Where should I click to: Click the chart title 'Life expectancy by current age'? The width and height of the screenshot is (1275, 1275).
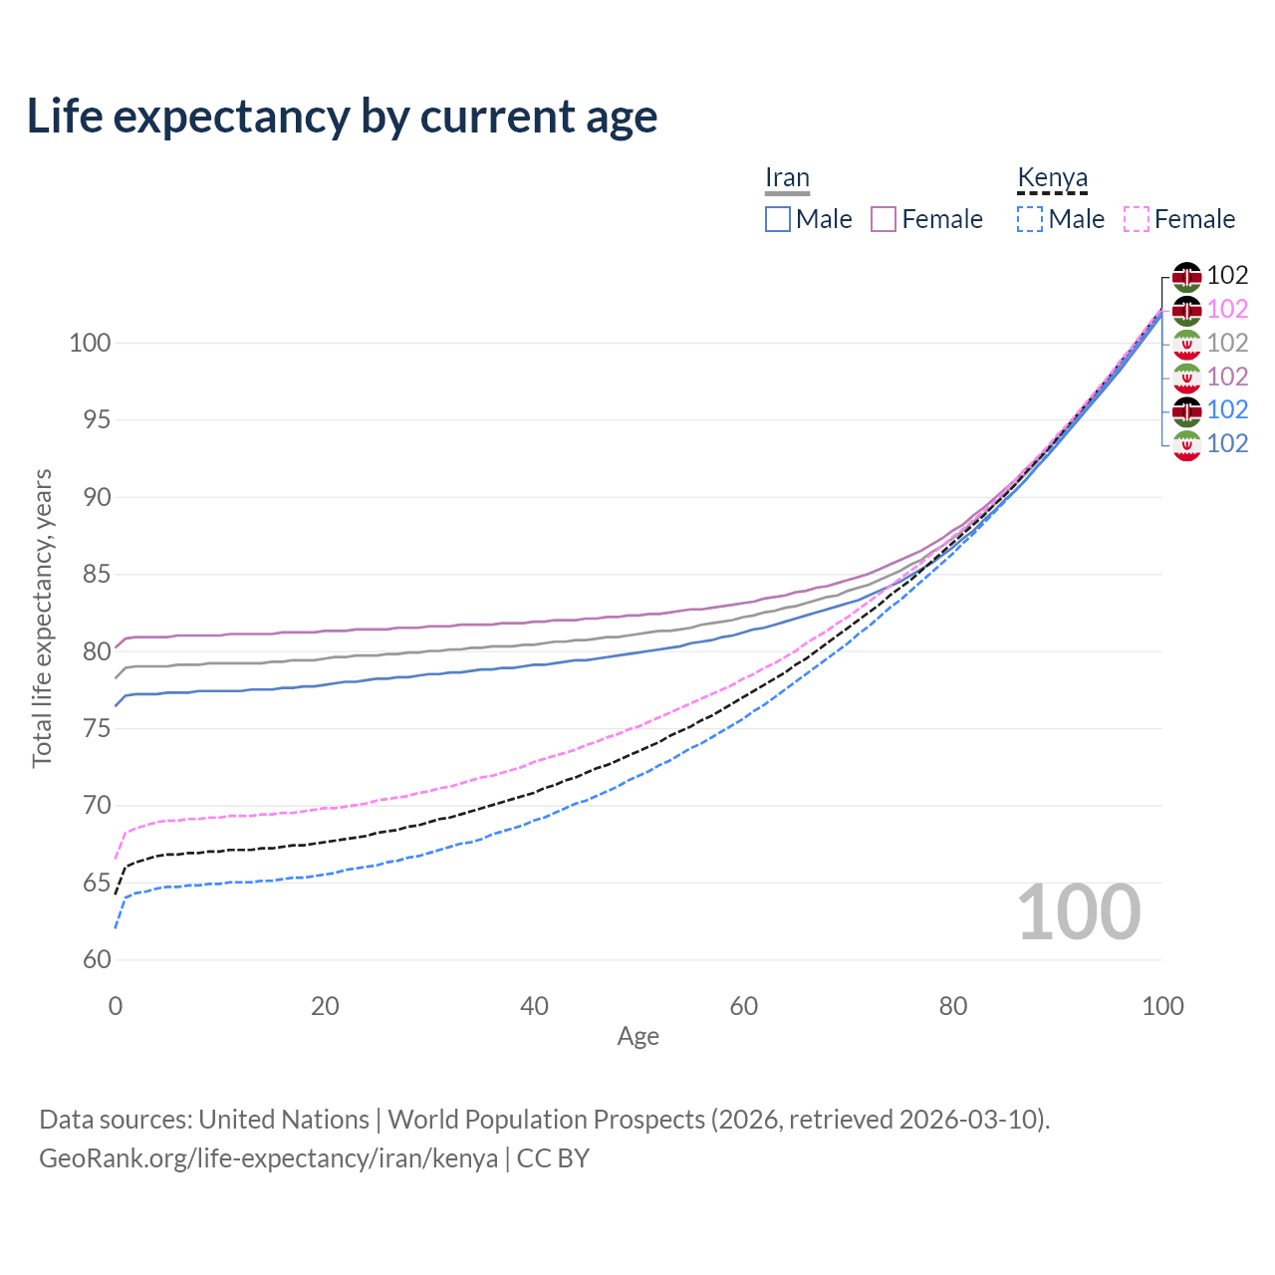(x=342, y=117)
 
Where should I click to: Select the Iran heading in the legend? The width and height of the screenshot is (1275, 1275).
(x=787, y=177)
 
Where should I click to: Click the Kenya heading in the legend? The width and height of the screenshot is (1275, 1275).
(x=1052, y=177)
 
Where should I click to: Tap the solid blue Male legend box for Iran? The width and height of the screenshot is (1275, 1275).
(x=778, y=219)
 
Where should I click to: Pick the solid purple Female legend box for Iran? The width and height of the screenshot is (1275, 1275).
(x=884, y=219)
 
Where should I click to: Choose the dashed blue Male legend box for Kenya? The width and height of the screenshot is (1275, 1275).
(x=1030, y=219)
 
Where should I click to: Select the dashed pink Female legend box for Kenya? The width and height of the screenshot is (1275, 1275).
(x=1137, y=219)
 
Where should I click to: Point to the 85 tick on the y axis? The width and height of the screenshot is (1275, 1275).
(x=97, y=575)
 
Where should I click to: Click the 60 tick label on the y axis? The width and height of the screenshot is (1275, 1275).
(x=97, y=960)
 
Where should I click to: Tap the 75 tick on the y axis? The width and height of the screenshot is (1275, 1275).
(x=97, y=729)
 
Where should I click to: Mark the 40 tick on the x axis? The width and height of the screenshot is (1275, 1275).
(x=534, y=1006)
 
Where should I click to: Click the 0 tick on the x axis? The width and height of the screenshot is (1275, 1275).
(x=116, y=1006)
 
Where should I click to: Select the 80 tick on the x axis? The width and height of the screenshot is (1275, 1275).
(x=953, y=1006)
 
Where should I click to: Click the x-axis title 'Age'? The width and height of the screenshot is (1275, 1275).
(x=637, y=1037)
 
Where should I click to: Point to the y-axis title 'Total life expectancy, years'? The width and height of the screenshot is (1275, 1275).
(x=42, y=618)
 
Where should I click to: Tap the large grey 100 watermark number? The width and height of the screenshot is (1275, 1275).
(x=1079, y=912)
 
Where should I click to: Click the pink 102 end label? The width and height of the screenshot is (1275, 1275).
(x=1227, y=309)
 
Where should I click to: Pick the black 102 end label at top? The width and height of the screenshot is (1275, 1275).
(x=1227, y=275)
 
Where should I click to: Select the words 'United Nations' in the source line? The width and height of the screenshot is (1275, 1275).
(x=284, y=1120)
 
